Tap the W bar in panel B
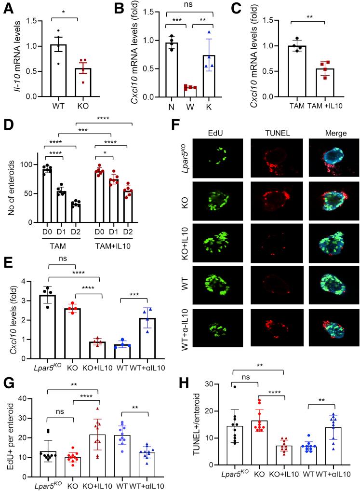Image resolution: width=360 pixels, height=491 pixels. click(x=177, y=92)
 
